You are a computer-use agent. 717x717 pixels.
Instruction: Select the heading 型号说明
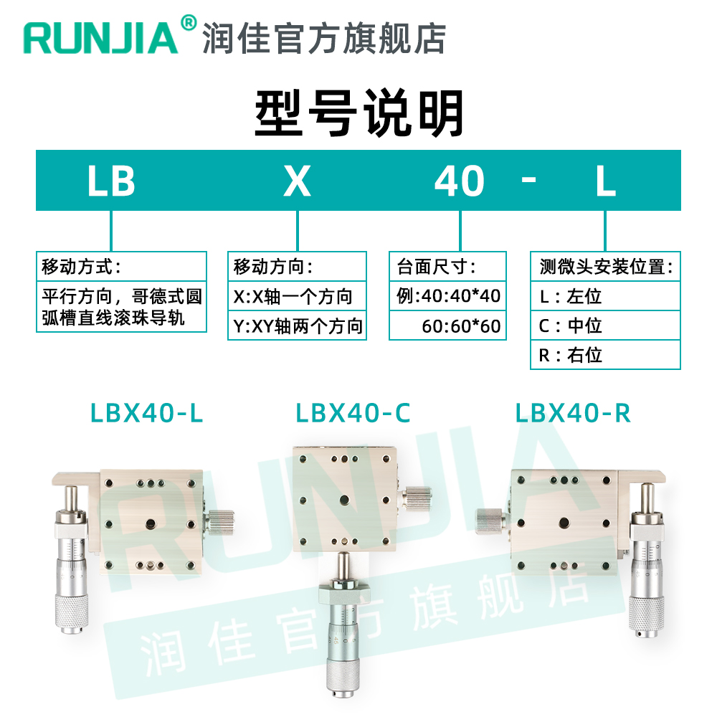(x=358, y=113)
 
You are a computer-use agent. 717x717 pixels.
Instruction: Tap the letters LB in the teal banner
(x=111, y=181)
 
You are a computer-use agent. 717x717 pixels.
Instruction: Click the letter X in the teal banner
(x=297, y=181)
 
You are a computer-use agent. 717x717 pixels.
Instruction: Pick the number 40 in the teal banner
(x=460, y=181)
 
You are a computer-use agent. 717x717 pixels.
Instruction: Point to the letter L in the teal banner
(x=606, y=181)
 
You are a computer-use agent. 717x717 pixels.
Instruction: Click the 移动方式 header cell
(x=121, y=267)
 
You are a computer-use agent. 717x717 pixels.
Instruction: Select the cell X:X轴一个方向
(x=296, y=297)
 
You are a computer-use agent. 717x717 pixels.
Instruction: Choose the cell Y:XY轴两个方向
(x=296, y=326)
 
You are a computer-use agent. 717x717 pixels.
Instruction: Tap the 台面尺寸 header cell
(x=447, y=267)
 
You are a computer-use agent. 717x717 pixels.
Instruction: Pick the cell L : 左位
(x=605, y=296)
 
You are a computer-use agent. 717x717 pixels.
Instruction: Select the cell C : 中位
(x=605, y=326)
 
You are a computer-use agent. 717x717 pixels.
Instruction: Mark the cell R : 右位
(x=605, y=355)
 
